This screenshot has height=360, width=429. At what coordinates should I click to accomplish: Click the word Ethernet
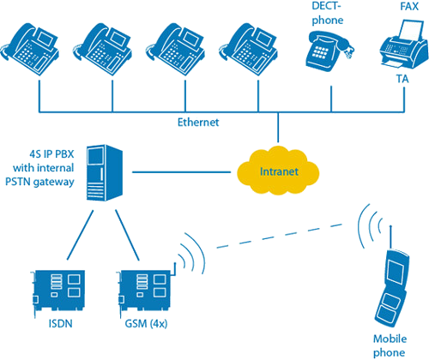198,123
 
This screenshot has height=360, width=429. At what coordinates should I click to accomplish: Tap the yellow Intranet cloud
278,171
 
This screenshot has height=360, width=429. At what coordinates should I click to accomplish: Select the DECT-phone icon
329,51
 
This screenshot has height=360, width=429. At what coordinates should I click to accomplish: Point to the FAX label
409,6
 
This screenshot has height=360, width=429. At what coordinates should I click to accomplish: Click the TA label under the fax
402,79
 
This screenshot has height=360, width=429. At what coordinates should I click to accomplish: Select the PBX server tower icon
105,172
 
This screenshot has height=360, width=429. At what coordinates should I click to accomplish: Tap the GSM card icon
147,290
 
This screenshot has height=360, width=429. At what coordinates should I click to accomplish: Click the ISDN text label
60,324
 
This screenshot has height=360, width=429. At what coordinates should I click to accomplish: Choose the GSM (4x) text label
146,324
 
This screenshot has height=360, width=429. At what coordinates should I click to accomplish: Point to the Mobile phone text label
390,345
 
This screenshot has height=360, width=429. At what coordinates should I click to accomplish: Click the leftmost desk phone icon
30,49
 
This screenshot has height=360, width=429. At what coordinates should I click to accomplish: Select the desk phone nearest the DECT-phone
248,49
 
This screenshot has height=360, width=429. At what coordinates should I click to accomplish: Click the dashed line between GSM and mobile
280,236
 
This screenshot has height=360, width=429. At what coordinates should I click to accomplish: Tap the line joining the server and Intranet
181,172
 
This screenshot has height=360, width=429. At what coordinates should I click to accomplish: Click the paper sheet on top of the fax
411,30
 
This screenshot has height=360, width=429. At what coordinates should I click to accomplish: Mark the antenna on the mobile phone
391,237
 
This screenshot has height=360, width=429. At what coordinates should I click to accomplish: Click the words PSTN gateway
39,182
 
